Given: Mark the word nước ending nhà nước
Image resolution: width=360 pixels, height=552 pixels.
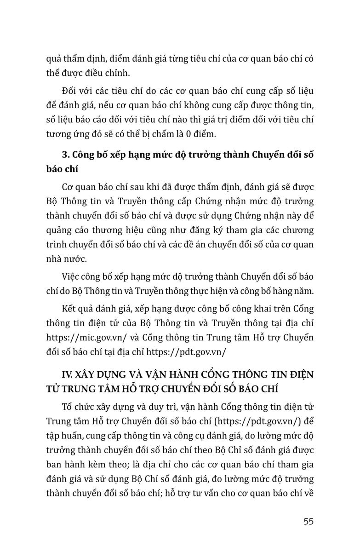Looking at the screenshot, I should point(75,259).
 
